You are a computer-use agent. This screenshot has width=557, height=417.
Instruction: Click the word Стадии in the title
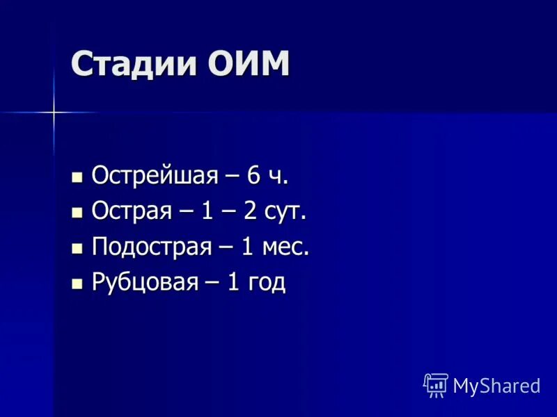point(133,65)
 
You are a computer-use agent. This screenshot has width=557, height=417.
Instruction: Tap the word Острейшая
point(155,176)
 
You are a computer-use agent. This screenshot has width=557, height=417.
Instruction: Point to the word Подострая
point(152,247)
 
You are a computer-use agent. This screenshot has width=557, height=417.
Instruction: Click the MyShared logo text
point(496,386)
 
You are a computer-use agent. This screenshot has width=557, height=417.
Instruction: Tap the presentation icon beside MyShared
point(436,384)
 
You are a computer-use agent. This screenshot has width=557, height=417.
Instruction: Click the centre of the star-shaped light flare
point(53,112)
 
